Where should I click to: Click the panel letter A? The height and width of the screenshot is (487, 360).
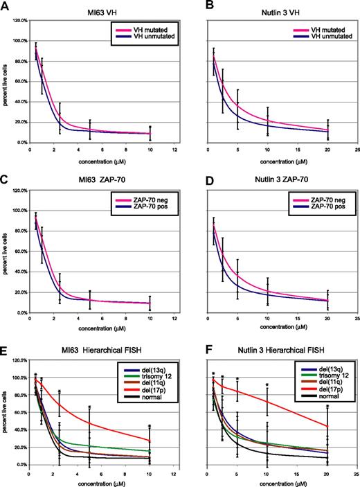(x=5, y=6)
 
